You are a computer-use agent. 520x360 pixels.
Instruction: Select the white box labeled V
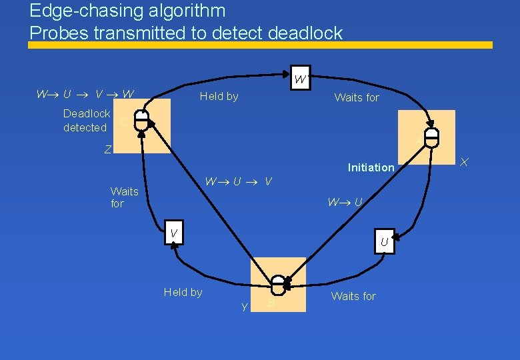point(173,233)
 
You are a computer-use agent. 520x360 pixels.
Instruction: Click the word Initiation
point(371,167)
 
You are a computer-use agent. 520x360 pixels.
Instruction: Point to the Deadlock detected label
point(86,120)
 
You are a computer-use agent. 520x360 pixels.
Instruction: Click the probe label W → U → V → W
point(85,95)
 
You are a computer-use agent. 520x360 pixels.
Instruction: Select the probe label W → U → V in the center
point(238,181)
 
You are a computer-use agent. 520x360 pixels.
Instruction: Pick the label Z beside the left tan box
point(108,150)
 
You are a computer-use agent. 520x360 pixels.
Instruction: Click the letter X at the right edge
point(465,163)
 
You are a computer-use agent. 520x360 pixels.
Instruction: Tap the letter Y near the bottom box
point(245,307)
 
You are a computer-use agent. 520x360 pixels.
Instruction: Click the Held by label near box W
point(219,97)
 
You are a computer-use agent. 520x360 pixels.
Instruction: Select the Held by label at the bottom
point(183,292)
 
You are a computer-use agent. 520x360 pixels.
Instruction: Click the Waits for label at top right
point(356,98)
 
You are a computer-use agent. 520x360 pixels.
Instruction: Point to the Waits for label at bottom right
point(353,296)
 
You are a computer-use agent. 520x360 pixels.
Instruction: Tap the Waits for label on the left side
point(124,197)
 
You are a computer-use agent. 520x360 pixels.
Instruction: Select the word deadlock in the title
point(304,33)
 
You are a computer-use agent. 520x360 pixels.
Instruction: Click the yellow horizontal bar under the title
point(260,45)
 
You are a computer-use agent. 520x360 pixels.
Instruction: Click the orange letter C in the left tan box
point(124,122)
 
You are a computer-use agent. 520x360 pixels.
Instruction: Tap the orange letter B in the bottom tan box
point(271,304)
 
